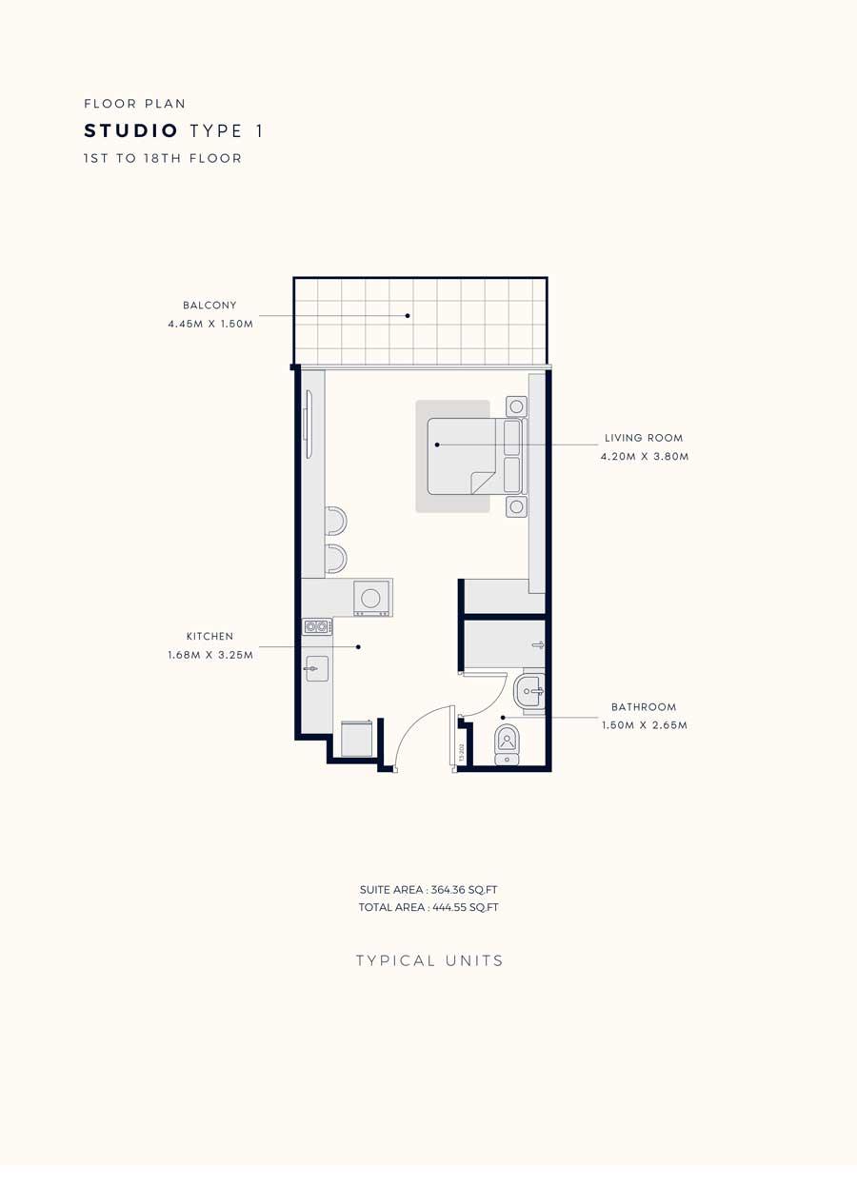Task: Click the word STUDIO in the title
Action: pyautogui.click(x=130, y=130)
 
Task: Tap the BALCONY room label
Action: pyautogui.click(x=209, y=306)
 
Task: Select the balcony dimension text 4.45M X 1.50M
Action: pyautogui.click(x=210, y=324)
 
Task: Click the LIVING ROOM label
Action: pyautogui.click(x=644, y=438)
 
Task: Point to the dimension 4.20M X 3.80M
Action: pyautogui.click(x=645, y=456)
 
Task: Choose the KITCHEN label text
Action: pyautogui.click(x=209, y=637)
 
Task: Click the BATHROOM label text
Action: pyautogui.click(x=644, y=707)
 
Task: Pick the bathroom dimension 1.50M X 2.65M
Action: pyautogui.click(x=645, y=725)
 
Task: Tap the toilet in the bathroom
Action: pyautogui.click(x=507, y=745)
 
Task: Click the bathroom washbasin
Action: pyautogui.click(x=528, y=691)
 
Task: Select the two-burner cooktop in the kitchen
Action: pyautogui.click(x=317, y=627)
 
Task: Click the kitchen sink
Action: pyautogui.click(x=316, y=669)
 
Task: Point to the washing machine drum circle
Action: pyautogui.click(x=370, y=599)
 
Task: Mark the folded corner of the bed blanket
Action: pyautogui.click(x=483, y=483)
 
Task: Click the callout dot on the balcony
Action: pyautogui.click(x=408, y=316)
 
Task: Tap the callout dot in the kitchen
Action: pyautogui.click(x=359, y=646)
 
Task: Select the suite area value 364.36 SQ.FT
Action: pyautogui.click(x=464, y=890)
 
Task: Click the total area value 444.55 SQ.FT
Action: pyautogui.click(x=466, y=907)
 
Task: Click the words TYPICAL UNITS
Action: pyautogui.click(x=429, y=961)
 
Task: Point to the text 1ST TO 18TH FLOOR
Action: pyautogui.click(x=163, y=158)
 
